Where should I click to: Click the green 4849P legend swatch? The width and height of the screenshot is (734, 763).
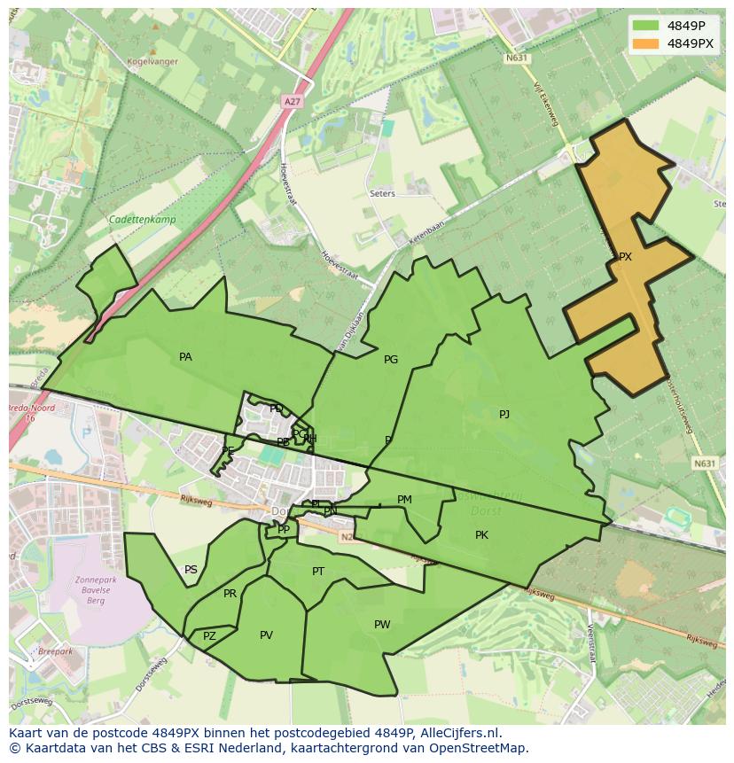pyautogui.click(x=645, y=26)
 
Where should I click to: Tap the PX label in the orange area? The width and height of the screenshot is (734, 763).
pyautogui.click(x=625, y=257)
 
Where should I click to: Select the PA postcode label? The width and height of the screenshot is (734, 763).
pyautogui.click(x=185, y=357)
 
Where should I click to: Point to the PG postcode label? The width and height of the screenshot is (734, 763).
pyautogui.click(x=391, y=360)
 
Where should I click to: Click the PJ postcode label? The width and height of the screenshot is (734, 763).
pyautogui.click(x=504, y=414)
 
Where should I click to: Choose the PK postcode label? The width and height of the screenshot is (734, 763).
pyautogui.click(x=481, y=534)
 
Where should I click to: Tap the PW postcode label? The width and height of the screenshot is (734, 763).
pyautogui.click(x=382, y=625)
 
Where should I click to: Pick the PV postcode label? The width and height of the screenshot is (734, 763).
pyautogui.click(x=266, y=635)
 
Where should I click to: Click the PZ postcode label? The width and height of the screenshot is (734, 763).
pyautogui.click(x=209, y=636)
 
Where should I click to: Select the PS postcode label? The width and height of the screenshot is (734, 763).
pyautogui.click(x=191, y=570)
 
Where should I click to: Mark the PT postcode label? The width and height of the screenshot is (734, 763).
pyautogui.click(x=318, y=572)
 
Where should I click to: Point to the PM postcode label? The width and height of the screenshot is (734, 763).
pyautogui.click(x=404, y=500)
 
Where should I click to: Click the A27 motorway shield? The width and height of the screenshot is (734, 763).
pyautogui.click(x=292, y=102)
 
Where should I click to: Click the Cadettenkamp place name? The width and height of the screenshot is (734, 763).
pyautogui.click(x=142, y=220)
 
